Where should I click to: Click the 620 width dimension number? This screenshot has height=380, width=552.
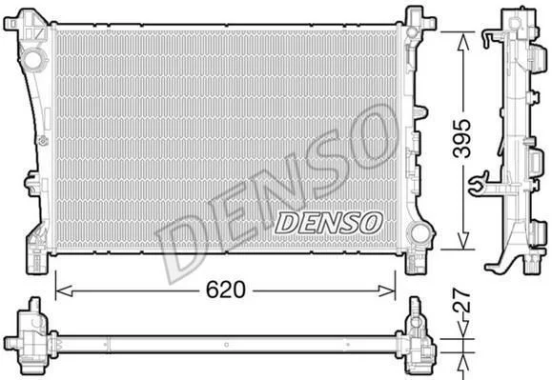[x=225, y=290]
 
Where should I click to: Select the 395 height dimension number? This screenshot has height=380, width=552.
[x=461, y=138]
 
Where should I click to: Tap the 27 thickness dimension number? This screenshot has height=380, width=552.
[x=461, y=301]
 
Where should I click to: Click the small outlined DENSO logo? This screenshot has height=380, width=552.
[x=329, y=223]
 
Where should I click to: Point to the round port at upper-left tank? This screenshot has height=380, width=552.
[x=33, y=60]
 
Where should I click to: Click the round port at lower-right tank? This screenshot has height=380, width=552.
[x=419, y=232]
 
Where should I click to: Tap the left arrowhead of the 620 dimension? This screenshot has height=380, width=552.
[x=64, y=290]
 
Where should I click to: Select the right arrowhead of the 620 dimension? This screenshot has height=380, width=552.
[x=387, y=290]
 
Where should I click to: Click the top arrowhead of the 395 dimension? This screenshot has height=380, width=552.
[x=463, y=42]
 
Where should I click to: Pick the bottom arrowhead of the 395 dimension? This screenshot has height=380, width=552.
[x=463, y=240]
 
